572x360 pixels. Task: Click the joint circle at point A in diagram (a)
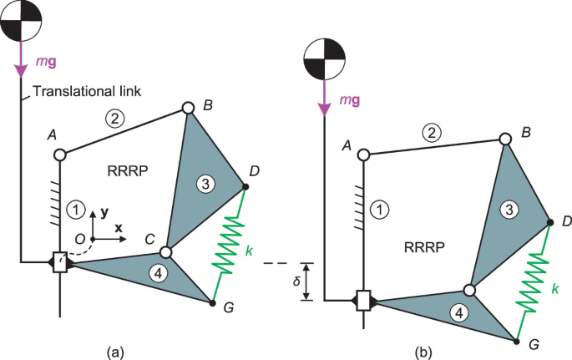[x=59, y=155]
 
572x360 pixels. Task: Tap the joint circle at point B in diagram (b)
[x=504, y=139]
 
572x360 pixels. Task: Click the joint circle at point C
[x=165, y=251]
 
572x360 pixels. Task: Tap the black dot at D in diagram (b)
[x=550, y=222]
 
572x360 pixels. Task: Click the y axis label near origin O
[x=104, y=212]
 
